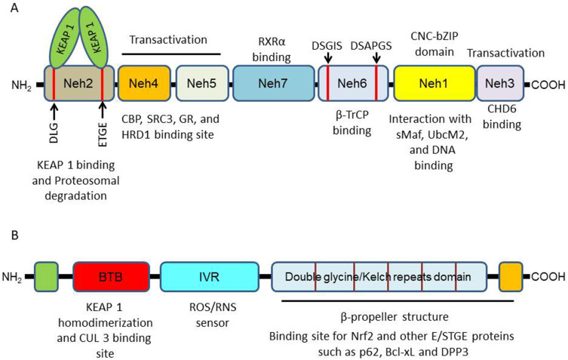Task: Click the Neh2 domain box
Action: click(78, 83)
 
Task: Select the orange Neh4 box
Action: click(144, 83)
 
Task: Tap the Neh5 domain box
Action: click(202, 83)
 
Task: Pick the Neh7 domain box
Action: click(273, 83)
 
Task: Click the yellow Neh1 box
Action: click(434, 83)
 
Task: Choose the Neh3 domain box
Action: click(500, 83)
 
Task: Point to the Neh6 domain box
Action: click(353, 83)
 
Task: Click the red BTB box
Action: click(111, 277)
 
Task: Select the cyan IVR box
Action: click(210, 277)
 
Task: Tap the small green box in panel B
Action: click(46, 277)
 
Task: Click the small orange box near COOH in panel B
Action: click(511, 277)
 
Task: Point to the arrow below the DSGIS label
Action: click(328, 57)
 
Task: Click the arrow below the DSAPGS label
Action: click(376, 57)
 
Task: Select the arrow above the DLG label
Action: click(54, 110)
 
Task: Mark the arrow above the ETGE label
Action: click(103, 110)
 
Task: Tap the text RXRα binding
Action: click(272, 49)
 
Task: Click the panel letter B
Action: click(15, 235)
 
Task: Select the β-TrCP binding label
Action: click(352, 122)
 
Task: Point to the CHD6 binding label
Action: click(502, 116)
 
